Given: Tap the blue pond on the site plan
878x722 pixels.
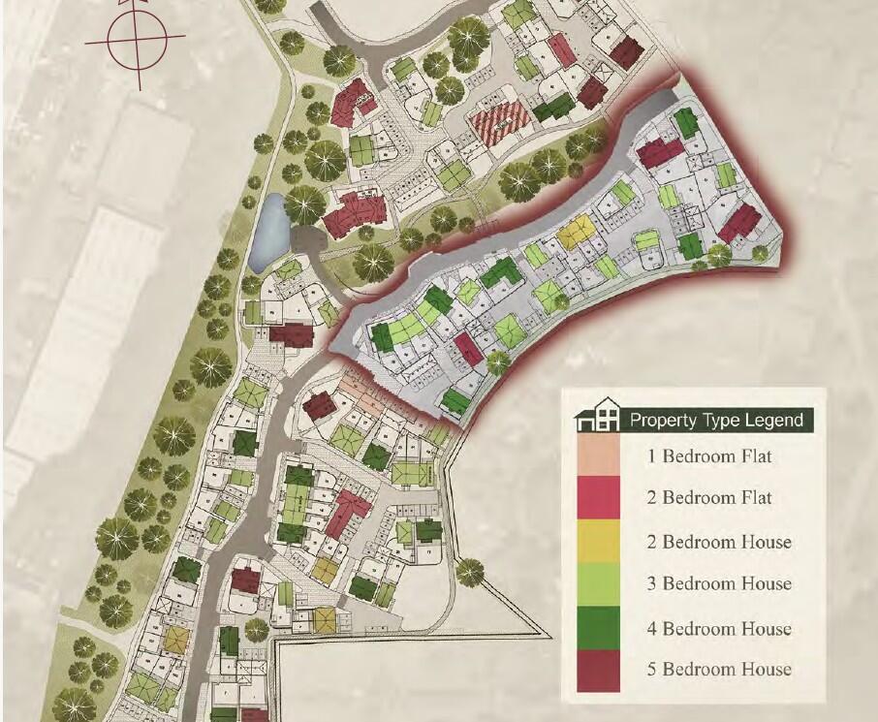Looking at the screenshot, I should (268, 233).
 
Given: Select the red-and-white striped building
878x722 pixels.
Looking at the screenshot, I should (500, 125).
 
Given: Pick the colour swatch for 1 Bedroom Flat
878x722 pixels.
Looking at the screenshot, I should (599, 455).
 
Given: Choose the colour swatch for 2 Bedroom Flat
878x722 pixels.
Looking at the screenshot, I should (599, 497).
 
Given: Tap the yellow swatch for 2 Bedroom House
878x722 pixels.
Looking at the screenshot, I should (599, 541).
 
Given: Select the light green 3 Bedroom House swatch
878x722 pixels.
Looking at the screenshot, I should (599, 583).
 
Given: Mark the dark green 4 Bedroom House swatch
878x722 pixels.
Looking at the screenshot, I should (599, 627).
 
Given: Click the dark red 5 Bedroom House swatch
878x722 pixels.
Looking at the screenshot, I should (599, 670).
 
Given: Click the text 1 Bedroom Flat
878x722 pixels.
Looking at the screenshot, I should (710, 455).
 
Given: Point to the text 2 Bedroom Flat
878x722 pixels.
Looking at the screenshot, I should (710, 498).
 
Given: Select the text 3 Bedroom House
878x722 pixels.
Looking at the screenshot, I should (719, 584).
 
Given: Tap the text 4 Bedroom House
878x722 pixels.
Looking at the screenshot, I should (719, 628).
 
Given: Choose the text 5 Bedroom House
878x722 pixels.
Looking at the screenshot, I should (719, 670).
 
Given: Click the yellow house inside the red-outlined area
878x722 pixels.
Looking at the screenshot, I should (576, 231).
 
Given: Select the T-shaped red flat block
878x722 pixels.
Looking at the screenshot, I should (355, 210).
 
